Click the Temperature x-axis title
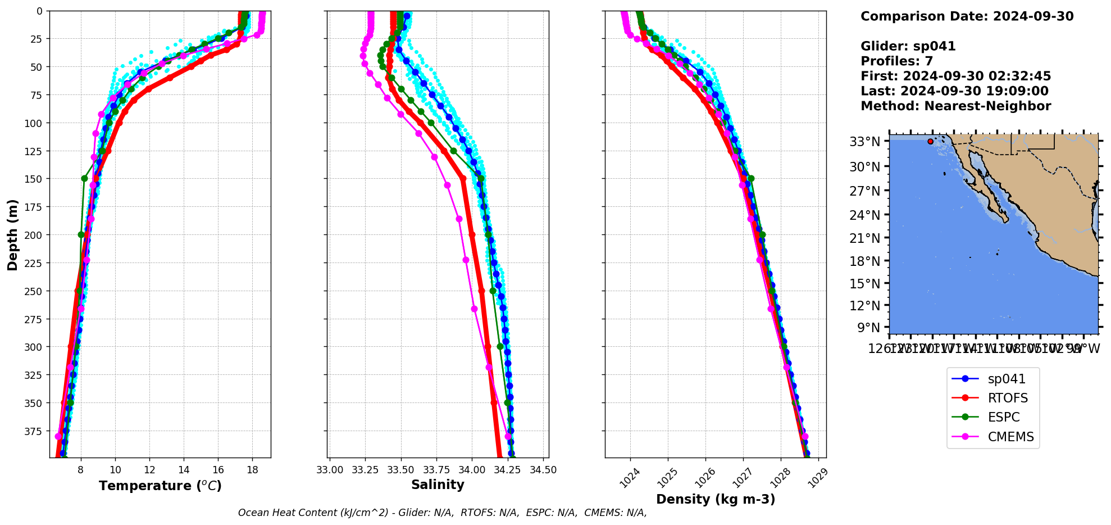click(160, 486)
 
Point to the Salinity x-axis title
click(438, 485)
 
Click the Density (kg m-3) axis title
click(715, 499)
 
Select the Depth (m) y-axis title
click(12, 234)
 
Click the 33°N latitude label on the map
click(865, 142)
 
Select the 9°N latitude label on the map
click(868, 328)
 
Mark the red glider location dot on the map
click(931, 142)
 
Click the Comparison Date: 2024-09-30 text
click(967, 16)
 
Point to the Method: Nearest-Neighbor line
click(955, 106)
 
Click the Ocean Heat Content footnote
click(442, 513)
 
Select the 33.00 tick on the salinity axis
click(330, 470)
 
